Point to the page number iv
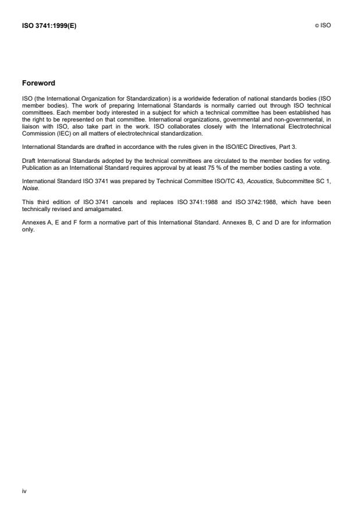pos(24,491)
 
